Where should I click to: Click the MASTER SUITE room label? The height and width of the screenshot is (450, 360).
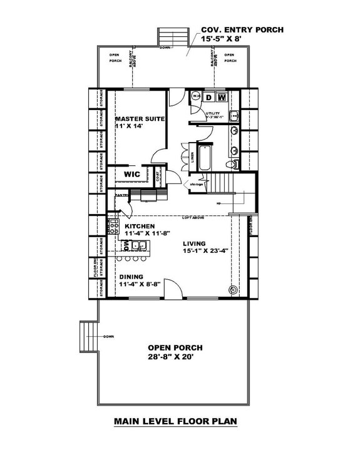pos(140,118)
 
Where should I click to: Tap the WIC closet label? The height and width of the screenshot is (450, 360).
pos(131,174)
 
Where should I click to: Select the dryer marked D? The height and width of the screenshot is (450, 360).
pos(210,97)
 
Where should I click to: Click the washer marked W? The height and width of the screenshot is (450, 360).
pos(222,97)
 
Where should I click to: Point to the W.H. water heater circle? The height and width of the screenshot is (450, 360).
pos(195,96)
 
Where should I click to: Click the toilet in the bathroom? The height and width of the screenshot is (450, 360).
pos(232,164)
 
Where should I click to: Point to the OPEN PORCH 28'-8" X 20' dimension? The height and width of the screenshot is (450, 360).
pos(175,356)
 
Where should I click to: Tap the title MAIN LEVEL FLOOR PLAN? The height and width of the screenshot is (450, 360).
pos(175,422)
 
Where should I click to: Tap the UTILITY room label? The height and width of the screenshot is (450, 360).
pos(213,113)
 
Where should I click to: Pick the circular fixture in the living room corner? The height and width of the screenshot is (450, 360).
pos(234,290)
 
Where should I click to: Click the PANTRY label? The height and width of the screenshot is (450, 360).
pos(121,196)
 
